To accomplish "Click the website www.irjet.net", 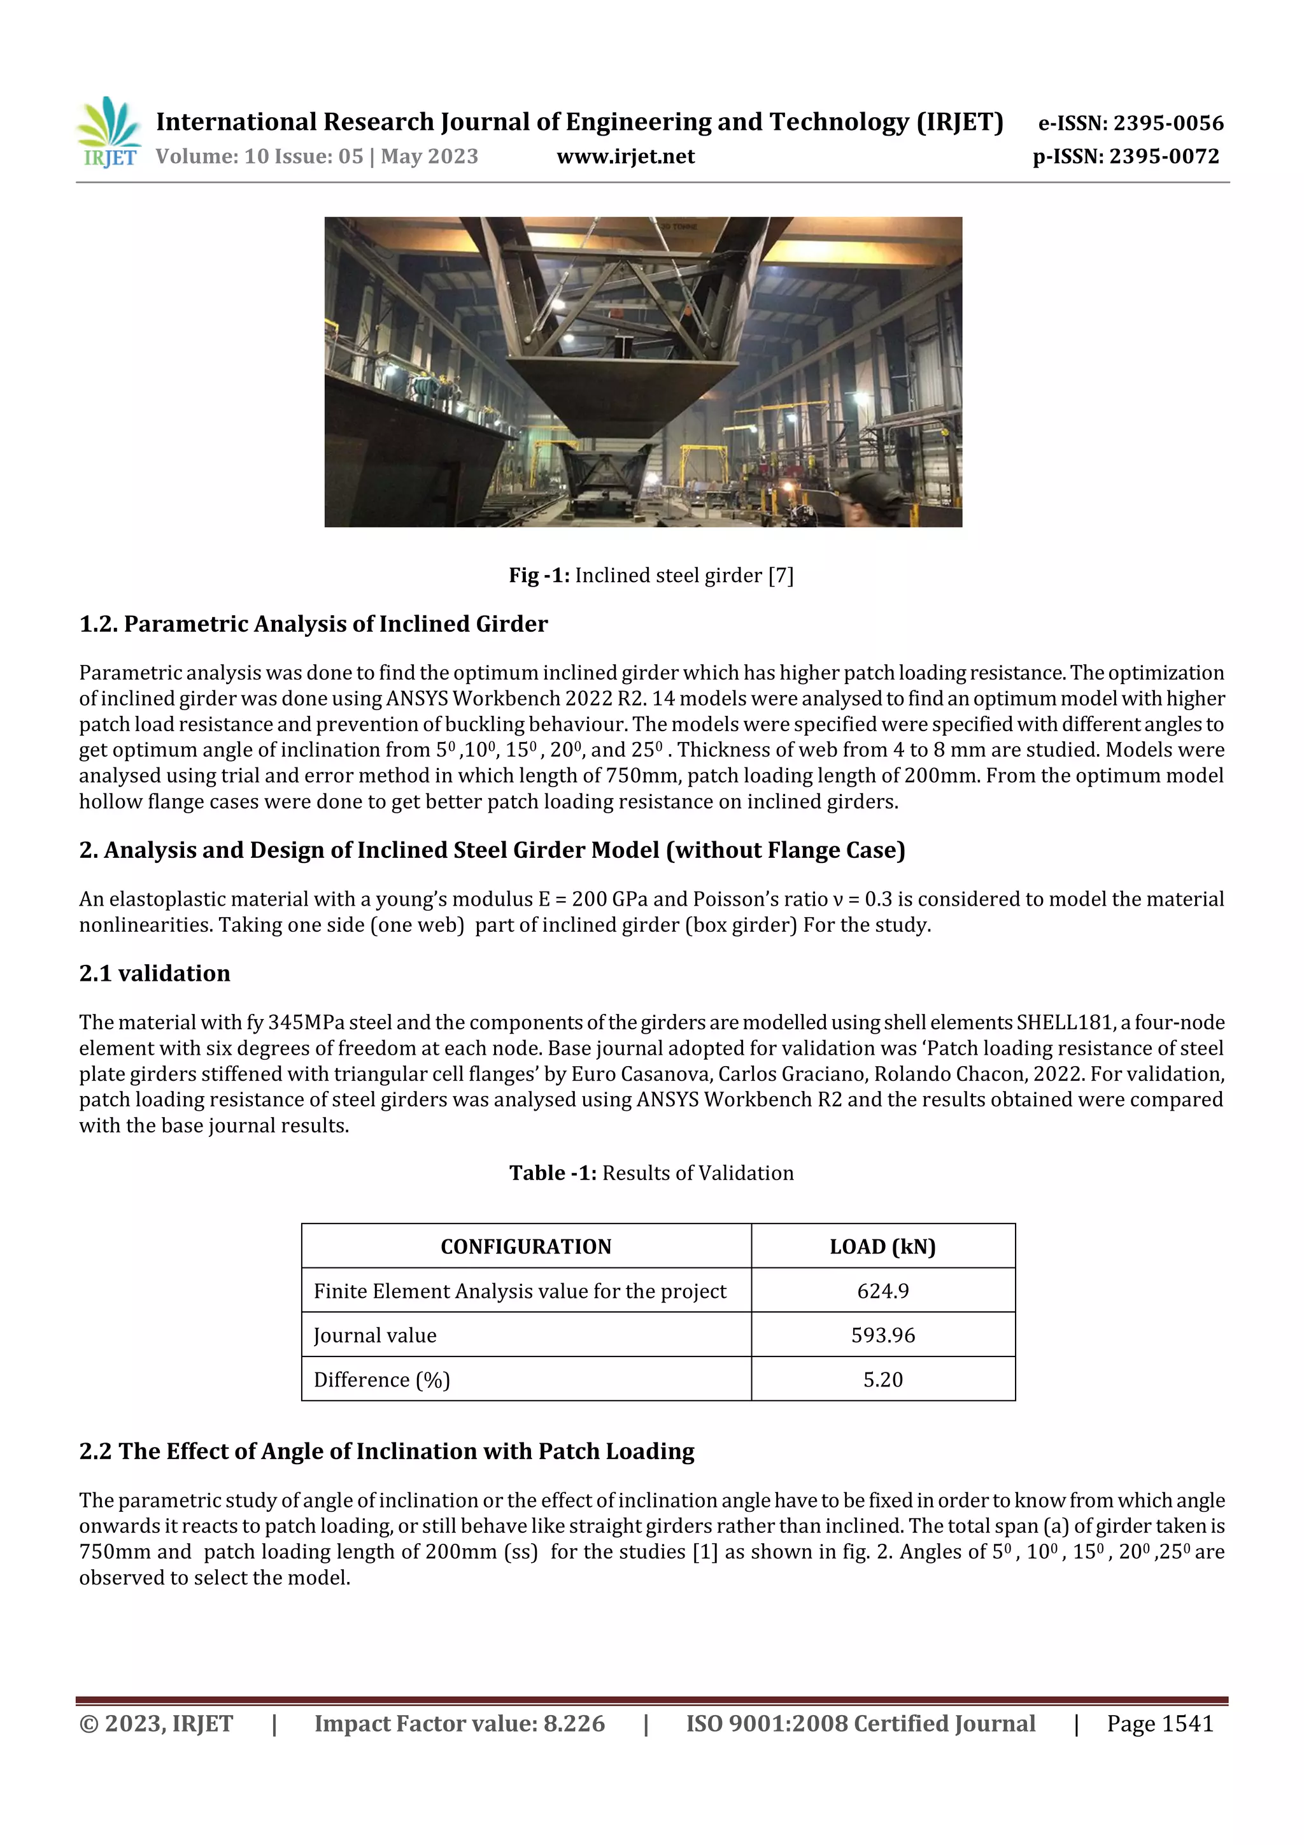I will [625, 157].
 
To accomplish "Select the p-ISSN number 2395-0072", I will [1163, 157].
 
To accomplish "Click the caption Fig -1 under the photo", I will [651, 575].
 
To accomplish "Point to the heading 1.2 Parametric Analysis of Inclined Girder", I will [313, 624].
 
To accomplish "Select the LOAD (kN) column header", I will [882, 1246].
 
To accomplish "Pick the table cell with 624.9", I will [882, 1290].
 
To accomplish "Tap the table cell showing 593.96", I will [882, 1335].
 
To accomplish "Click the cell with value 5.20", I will [882, 1379].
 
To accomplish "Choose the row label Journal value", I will [375, 1335].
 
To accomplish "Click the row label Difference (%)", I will [381, 1379].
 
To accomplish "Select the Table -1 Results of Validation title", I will [651, 1172].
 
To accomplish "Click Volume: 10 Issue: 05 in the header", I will [260, 157].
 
